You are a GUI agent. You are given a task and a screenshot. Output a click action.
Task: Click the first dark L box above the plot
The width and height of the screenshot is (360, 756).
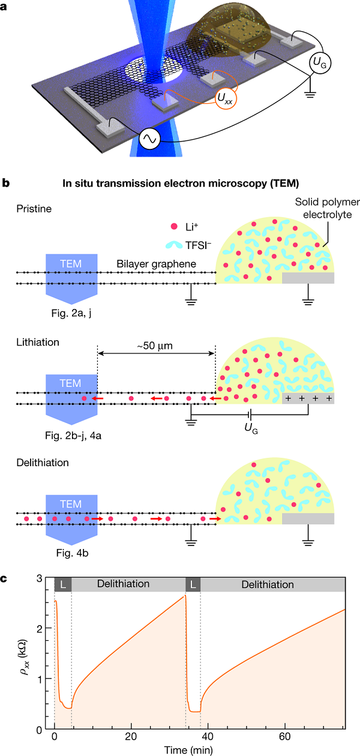pos(62,584)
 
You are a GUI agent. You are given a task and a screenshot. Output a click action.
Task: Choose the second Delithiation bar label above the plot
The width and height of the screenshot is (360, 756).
pos(271,584)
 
